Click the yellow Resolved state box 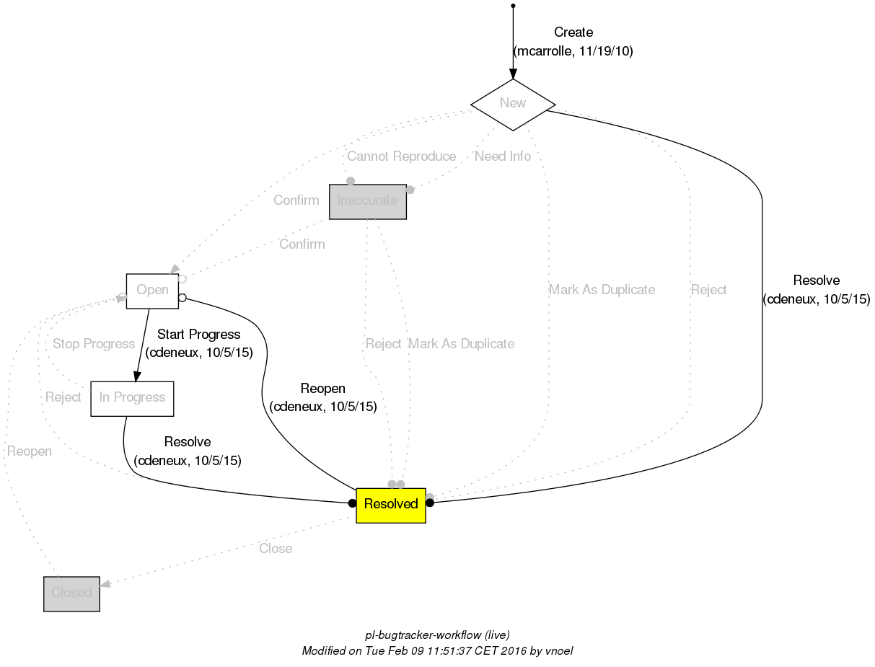391,504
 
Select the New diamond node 513,103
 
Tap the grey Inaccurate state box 368,201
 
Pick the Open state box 152,291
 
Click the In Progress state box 132,398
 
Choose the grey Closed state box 71,593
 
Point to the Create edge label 573,32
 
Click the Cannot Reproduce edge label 401,156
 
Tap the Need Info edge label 503,156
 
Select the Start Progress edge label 198,335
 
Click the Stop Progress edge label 94,344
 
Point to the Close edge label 276,549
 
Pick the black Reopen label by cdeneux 323,389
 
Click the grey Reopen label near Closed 30,452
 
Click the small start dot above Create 513,6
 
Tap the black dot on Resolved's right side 430,503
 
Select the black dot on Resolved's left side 352,503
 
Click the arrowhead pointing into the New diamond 513,74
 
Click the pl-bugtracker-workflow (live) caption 438,635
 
